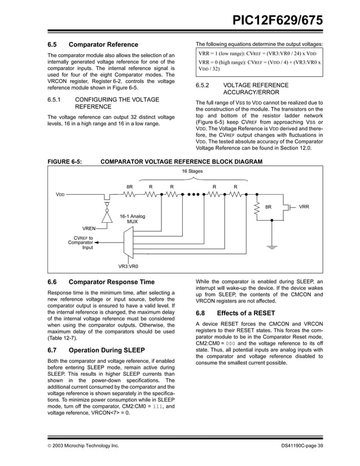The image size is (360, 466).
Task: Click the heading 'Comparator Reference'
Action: tap(103, 44)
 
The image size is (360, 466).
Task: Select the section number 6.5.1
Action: tap(55, 100)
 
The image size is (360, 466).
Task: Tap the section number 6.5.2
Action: tap(203, 85)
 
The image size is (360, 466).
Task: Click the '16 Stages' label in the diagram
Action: tap(192, 171)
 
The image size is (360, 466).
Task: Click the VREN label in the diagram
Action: tap(89, 228)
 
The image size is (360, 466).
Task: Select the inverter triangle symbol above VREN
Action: tap(106, 216)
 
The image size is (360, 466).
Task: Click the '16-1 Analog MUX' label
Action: tap(131, 219)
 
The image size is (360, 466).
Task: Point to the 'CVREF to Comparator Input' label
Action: tap(80, 243)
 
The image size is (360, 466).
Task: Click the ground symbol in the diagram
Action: tap(273, 246)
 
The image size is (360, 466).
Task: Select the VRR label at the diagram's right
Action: tap(304, 207)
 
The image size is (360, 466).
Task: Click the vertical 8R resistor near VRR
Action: tap(257, 208)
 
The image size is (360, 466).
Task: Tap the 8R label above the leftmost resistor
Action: tap(129, 186)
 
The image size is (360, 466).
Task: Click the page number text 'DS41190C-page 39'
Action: tap(302, 446)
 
